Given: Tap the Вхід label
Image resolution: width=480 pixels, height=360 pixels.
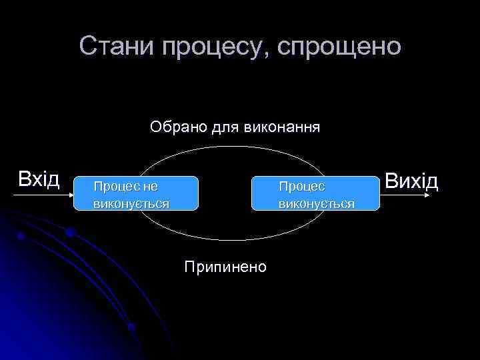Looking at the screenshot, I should pyautogui.click(x=39, y=179).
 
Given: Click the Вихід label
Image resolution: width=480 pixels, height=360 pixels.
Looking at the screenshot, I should pyautogui.click(x=411, y=181).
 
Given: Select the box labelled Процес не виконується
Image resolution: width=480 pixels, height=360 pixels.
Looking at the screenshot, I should pyautogui.click(x=137, y=193).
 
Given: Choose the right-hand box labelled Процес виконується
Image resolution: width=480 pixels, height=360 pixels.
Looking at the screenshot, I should pyautogui.click(x=315, y=193).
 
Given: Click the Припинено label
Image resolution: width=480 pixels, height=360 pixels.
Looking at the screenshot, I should pyautogui.click(x=225, y=267).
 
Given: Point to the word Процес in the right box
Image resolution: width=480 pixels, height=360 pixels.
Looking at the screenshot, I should pyautogui.click(x=301, y=187).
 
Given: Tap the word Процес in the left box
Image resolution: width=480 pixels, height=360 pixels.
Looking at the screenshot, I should pyautogui.click(x=117, y=187).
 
